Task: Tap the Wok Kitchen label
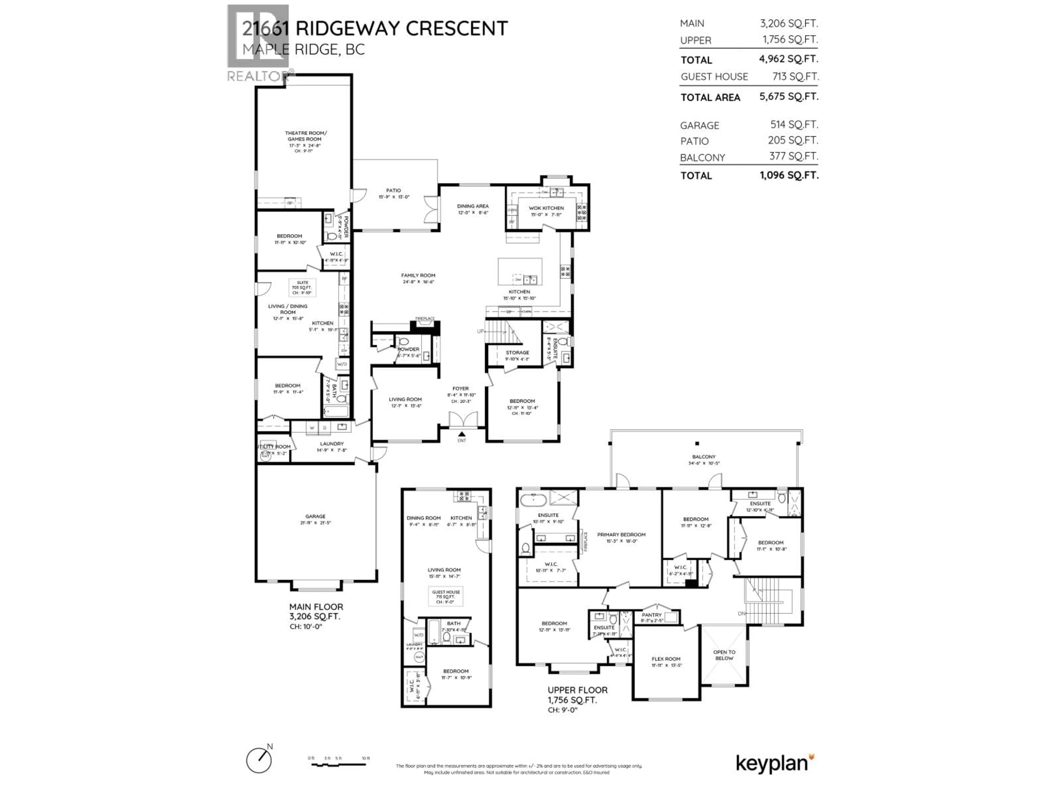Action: (546, 208)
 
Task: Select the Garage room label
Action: (315, 516)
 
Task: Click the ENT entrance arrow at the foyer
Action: (461, 434)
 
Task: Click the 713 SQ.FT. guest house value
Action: (795, 76)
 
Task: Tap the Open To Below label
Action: (724, 655)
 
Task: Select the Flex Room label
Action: (666, 659)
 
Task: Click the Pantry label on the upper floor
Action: (651, 615)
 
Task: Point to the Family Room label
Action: (418, 275)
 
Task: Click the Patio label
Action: (393, 190)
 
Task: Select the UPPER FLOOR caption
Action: (577, 690)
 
